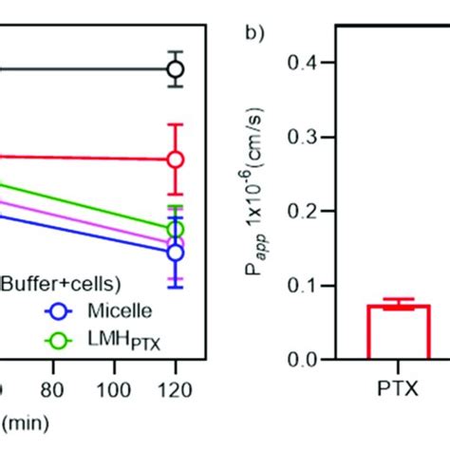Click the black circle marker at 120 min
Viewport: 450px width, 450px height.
click(175, 69)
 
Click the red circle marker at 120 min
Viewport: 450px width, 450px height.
click(175, 159)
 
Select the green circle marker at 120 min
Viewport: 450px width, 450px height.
click(175, 230)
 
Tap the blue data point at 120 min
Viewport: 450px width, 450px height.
click(175, 253)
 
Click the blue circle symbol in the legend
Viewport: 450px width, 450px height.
click(61, 309)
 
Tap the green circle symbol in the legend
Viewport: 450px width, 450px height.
click(61, 337)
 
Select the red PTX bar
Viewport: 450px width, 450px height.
click(399, 332)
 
